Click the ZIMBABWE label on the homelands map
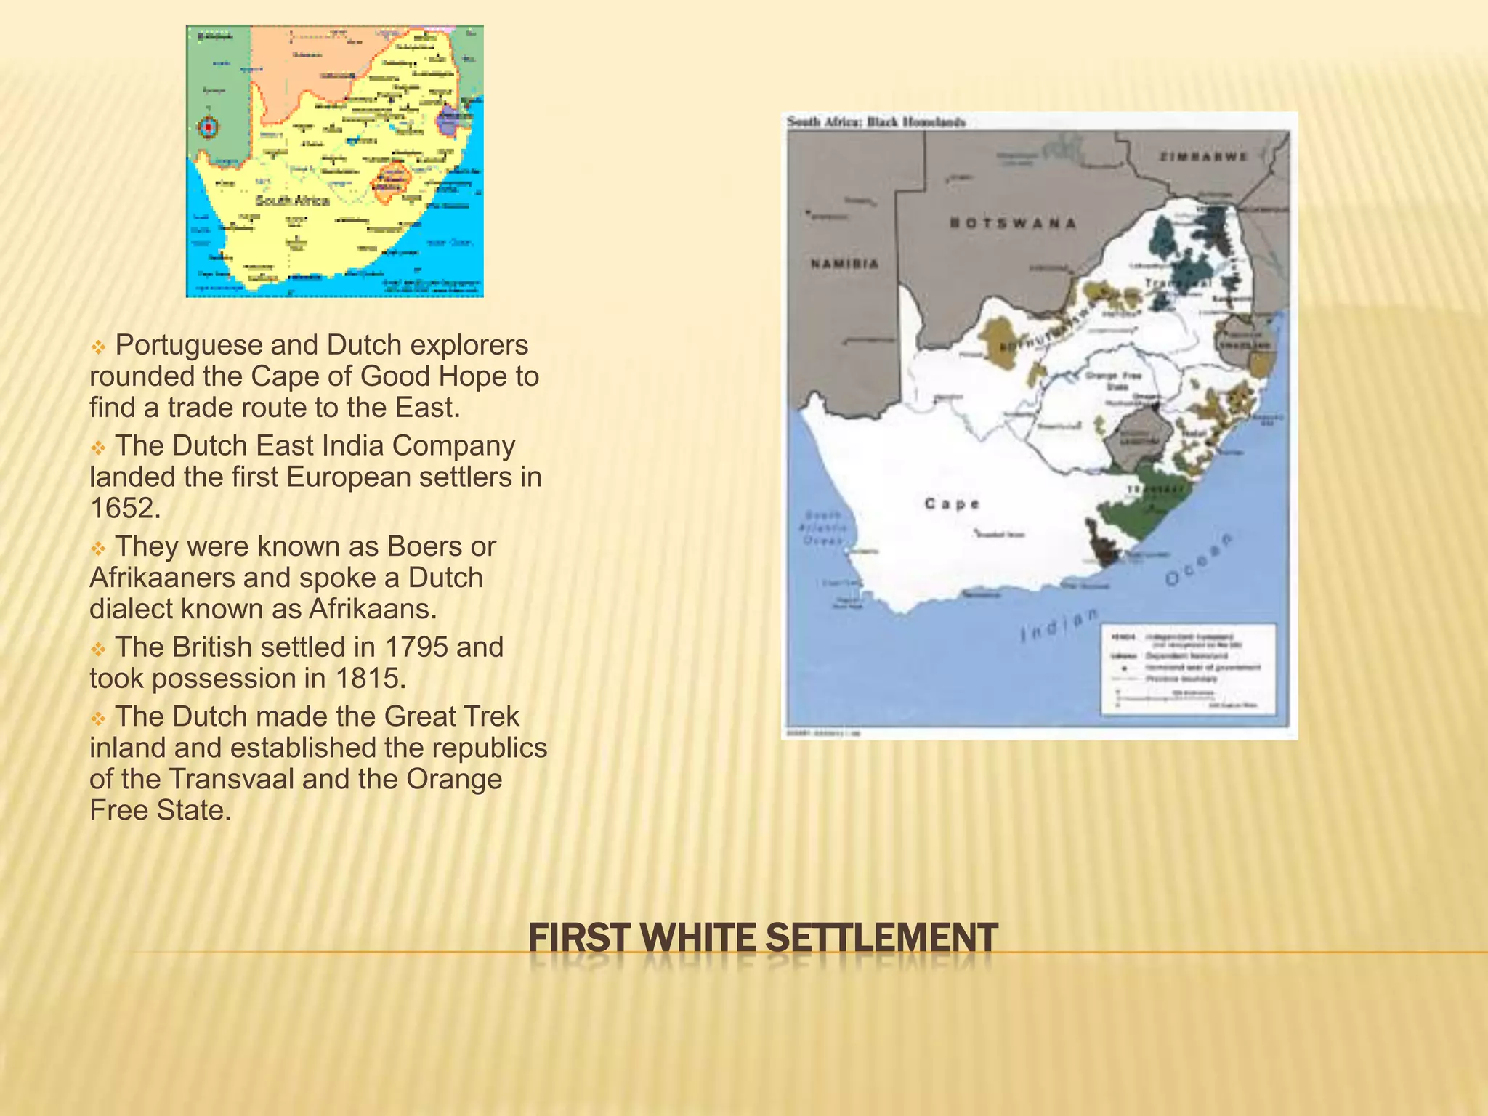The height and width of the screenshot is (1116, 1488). [x=1202, y=156]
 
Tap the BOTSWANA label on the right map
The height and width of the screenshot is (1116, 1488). [x=1013, y=223]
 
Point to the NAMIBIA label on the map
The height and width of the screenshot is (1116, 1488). [x=844, y=264]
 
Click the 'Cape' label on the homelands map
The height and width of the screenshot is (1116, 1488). [x=952, y=504]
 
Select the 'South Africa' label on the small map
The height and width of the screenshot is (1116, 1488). [x=292, y=200]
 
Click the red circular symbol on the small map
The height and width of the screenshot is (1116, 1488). [x=209, y=128]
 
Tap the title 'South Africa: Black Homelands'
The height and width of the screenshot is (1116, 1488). [x=876, y=122]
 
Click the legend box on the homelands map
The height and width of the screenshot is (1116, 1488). [x=1189, y=668]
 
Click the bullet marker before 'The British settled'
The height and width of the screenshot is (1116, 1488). [x=98, y=649]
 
